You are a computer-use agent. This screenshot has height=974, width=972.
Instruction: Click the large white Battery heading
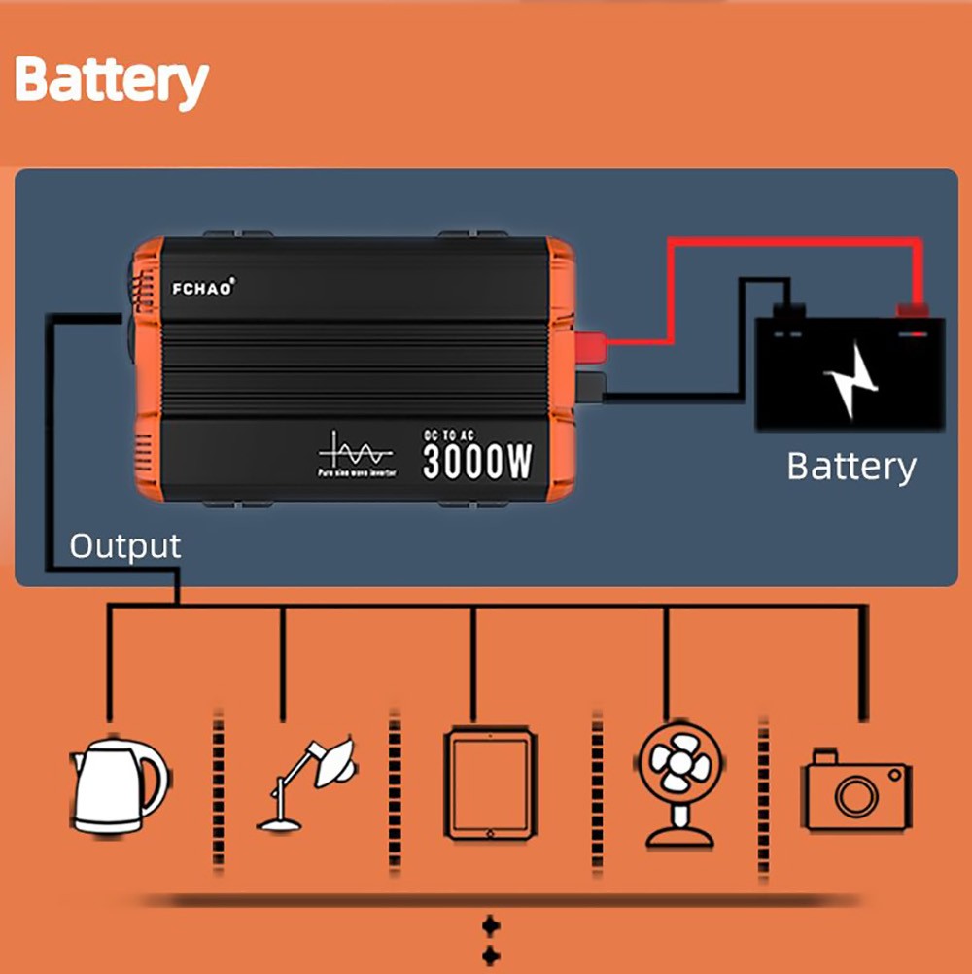pyautogui.click(x=112, y=81)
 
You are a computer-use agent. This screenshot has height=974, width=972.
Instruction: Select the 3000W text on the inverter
pyautogui.click(x=477, y=462)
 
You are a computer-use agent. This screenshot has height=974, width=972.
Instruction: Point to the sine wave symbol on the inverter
pyautogui.click(x=355, y=452)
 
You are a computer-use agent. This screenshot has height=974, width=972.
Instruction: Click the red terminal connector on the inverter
pyautogui.click(x=590, y=344)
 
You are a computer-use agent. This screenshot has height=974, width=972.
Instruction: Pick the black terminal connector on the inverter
pyautogui.click(x=590, y=386)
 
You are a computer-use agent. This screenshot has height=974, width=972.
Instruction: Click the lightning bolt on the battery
pyautogui.click(x=850, y=379)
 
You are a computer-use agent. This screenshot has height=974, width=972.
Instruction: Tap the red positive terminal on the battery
pyautogui.click(x=912, y=312)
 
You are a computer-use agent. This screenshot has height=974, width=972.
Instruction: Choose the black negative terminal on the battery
pyautogui.click(x=788, y=312)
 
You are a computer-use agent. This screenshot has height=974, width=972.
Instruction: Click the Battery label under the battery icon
pyautogui.click(x=850, y=467)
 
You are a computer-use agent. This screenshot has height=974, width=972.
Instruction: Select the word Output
pyautogui.click(x=124, y=546)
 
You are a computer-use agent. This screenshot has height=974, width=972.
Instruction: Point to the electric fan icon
pyautogui.click(x=679, y=783)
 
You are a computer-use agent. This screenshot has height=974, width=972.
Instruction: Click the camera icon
pyautogui.click(x=856, y=789)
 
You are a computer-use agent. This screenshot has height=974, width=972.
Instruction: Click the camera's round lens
pyautogui.click(x=856, y=797)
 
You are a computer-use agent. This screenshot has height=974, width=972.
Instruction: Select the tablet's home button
pyautogui.click(x=490, y=832)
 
